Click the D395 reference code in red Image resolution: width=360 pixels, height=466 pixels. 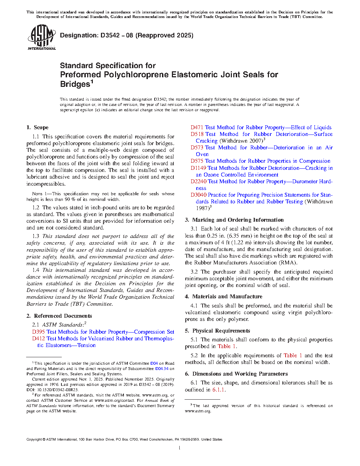[x=38, y=332]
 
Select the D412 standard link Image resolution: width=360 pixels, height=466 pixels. [x=38, y=339]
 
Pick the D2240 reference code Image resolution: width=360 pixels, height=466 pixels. [x=198, y=181]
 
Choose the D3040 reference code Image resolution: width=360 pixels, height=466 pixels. [x=198, y=195]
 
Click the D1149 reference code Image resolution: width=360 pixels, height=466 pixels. [x=198, y=168]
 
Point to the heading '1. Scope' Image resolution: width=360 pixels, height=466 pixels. [x=37, y=127]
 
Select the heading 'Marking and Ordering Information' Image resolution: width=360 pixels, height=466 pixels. [x=238, y=220]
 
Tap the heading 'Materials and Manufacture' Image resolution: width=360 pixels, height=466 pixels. [x=227, y=297]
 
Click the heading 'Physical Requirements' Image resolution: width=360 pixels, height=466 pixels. [x=221, y=331]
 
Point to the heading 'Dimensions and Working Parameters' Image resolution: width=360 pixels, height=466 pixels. [x=240, y=374]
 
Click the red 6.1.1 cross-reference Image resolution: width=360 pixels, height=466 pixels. [x=218, y=390]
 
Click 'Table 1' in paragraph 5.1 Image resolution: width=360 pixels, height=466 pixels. [x=226, y=346]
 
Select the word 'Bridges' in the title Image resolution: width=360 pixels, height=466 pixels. [x=75, y=84]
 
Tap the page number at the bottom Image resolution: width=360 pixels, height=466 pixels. [x=180, y=448]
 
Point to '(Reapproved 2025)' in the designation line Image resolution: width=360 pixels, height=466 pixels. [x=164, y=35]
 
